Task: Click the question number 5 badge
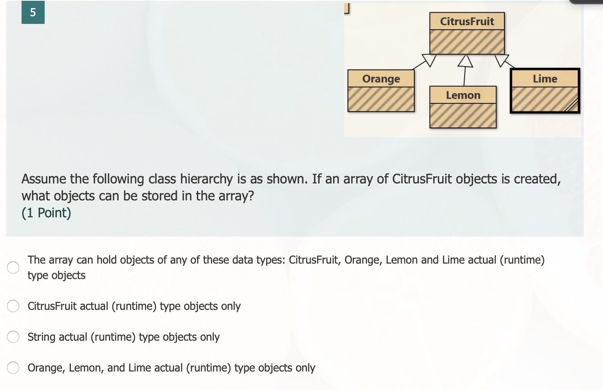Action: click(x=33, y=12)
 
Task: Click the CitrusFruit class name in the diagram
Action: click(x=467, y=21)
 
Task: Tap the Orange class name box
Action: click(x=381, y=79)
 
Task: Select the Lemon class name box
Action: click(x=463, y=95)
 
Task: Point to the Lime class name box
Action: click(x=545, y=79)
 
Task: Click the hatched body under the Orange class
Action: click(x=381, y=99)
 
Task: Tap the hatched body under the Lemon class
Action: click(x=463, y=116)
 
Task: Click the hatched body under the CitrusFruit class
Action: click(x=467, y=42)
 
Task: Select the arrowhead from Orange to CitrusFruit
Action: click(x=429, y=60)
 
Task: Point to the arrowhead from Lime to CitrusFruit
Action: click(x=502, y=60)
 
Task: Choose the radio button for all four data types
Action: click(x=13, y=267)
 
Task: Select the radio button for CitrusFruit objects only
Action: click(x=13, y=306)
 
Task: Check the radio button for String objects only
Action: click(x=13, y=337)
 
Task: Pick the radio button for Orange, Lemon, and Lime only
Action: click(x=13, y=368)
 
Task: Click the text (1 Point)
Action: click(x=46, y=213)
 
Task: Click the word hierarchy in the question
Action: click(x=206, y=179)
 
